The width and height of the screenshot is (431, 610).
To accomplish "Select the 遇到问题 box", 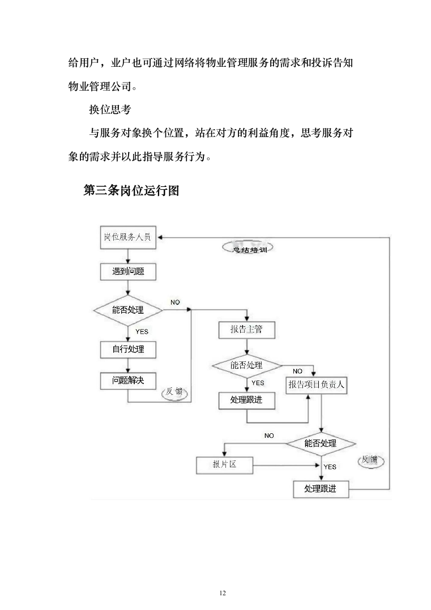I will [x=127, y=272].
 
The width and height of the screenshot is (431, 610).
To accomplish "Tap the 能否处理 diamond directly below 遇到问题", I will [x=127, y=310].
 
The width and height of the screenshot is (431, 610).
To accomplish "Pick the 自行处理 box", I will [x=127, y=349].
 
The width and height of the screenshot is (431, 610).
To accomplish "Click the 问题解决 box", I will [x=127, y=381].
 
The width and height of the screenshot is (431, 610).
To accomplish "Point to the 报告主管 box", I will [x=246, y=330].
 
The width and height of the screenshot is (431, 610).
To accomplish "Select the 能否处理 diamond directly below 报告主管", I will [x=246, y=366].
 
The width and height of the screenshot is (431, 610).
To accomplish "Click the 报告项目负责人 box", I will [x=317, y=385].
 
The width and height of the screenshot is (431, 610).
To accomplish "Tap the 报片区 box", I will [x=224, y=465].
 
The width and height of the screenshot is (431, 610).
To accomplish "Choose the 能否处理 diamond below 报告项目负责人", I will [x=321, y=443].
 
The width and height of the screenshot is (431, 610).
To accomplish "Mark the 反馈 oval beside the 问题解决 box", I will [x=175, y=393].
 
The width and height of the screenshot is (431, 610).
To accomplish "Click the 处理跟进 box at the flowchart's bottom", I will [x=321, y=489].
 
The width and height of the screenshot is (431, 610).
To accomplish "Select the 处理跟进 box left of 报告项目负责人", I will [x=246, y=400].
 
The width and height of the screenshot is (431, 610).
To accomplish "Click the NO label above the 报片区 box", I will [x=269, y=436].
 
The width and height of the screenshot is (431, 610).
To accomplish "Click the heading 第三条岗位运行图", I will [x=131, y=191].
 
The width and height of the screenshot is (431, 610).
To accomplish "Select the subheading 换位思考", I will [x=110, y=110].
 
